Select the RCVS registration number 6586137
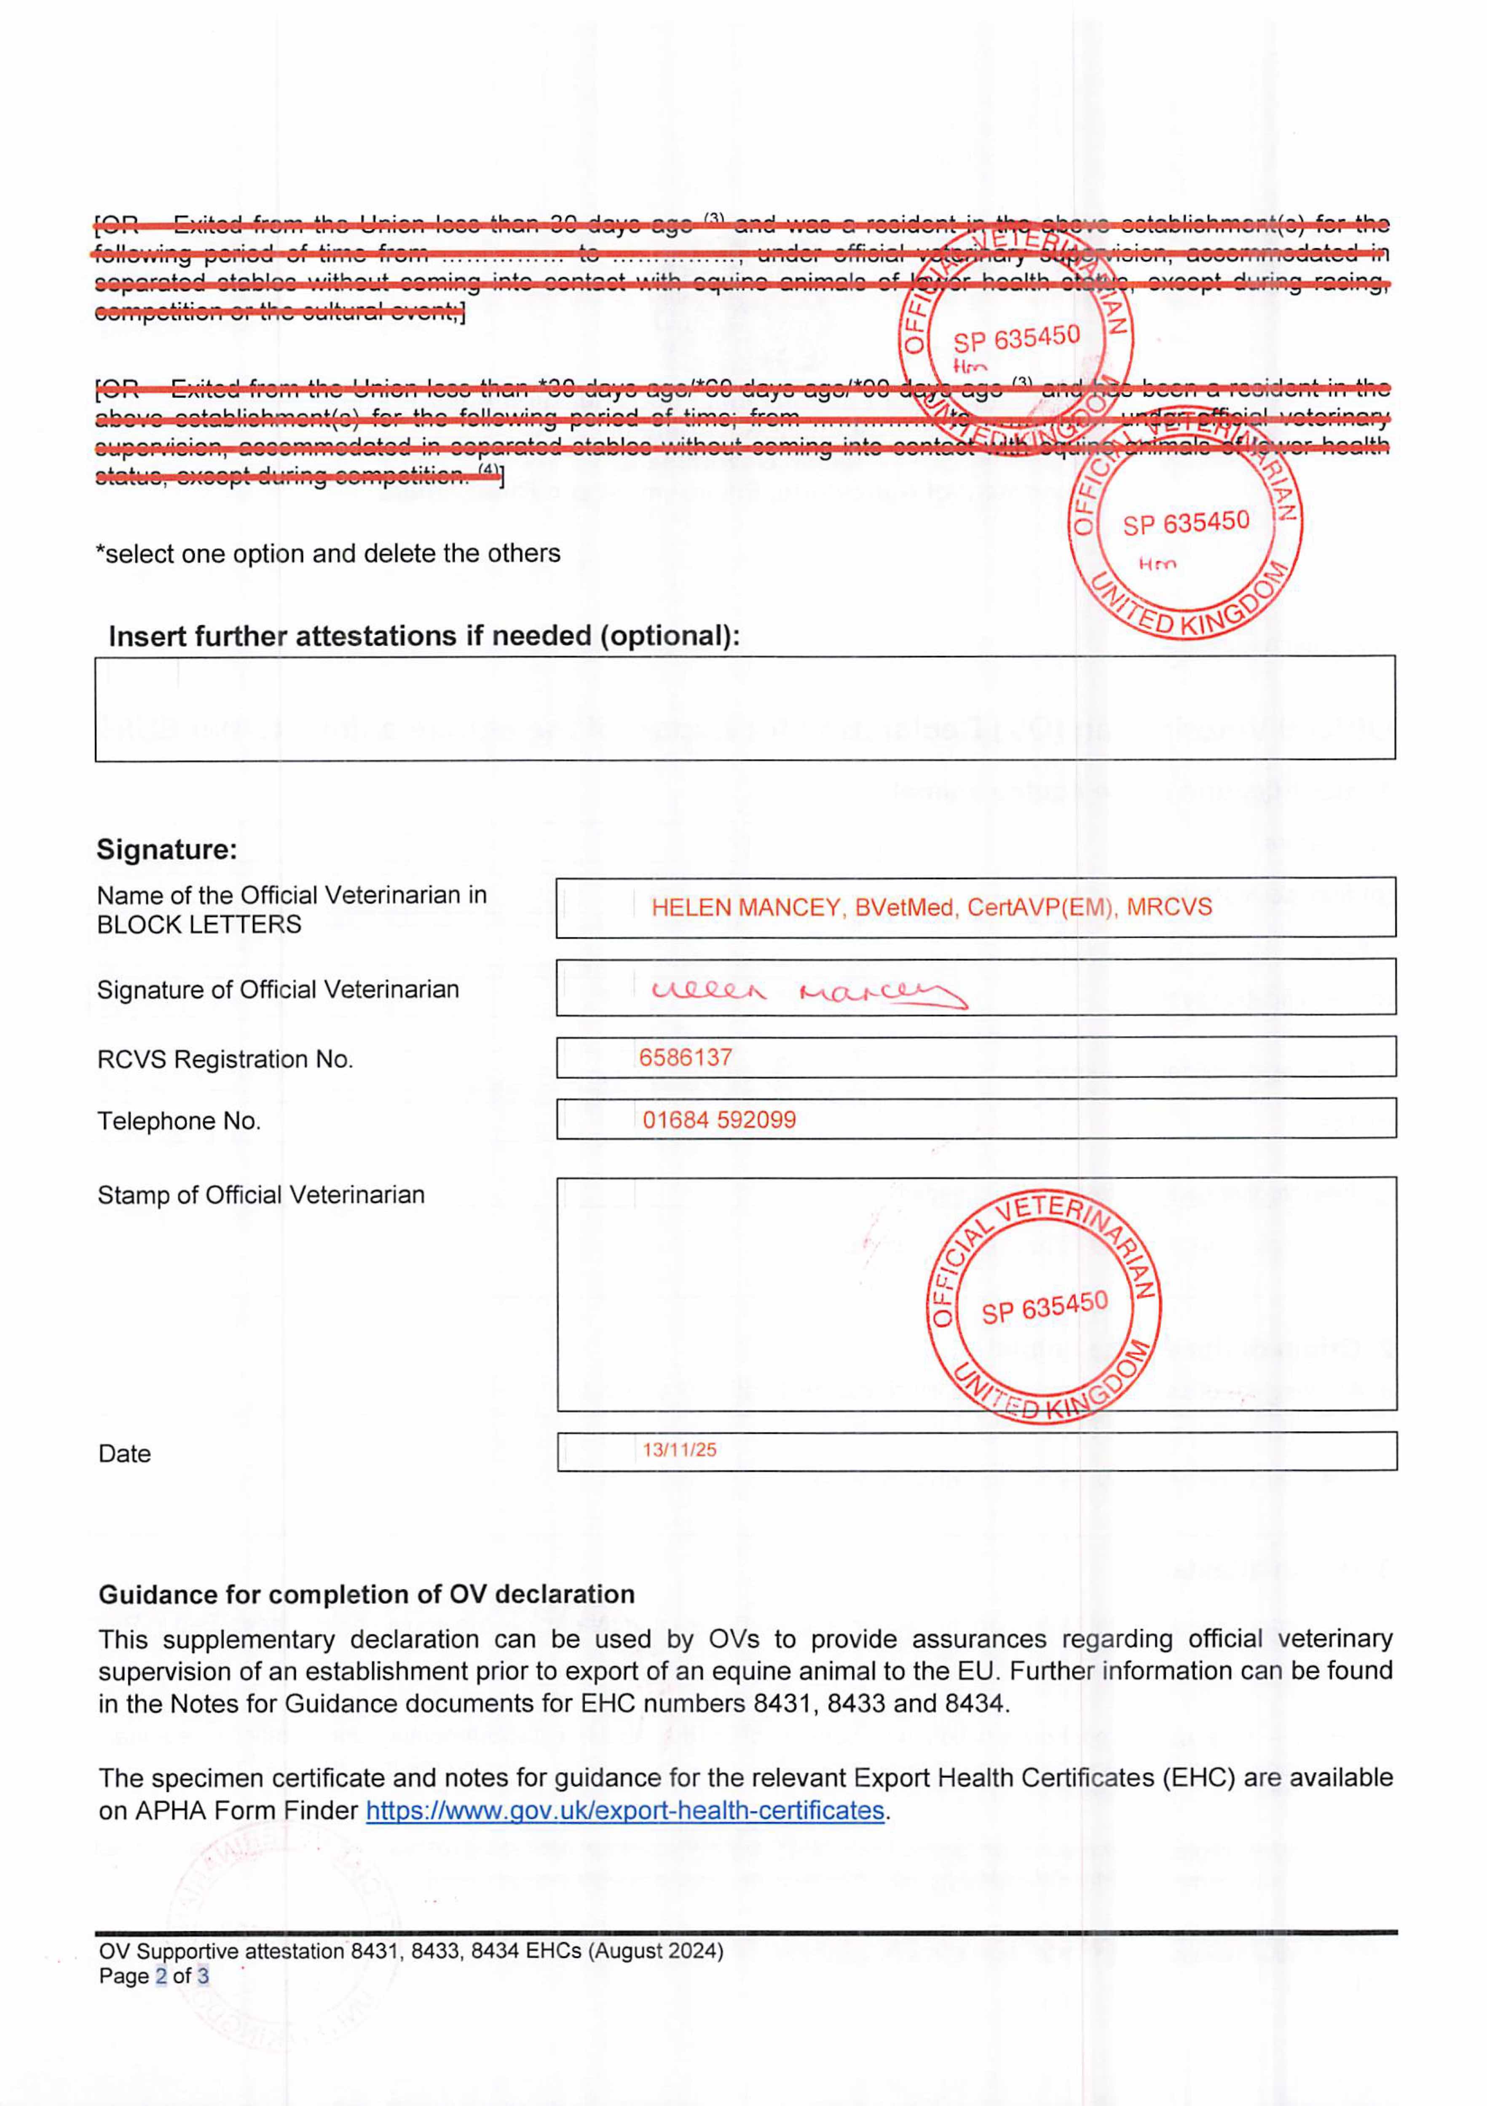click(685, 1058)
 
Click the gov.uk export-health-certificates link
click(625, 1811)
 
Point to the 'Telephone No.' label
click(179, 1121)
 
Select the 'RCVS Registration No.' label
click(225, 1059)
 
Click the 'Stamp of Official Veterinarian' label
click(260, 1195)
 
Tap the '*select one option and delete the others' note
click(327, 554)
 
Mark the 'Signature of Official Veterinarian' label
click(277, 990)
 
